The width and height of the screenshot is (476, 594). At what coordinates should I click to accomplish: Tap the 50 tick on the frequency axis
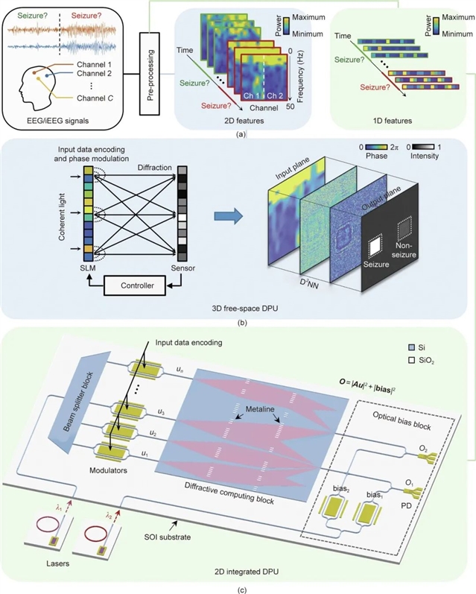click(x=291, y=107)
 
